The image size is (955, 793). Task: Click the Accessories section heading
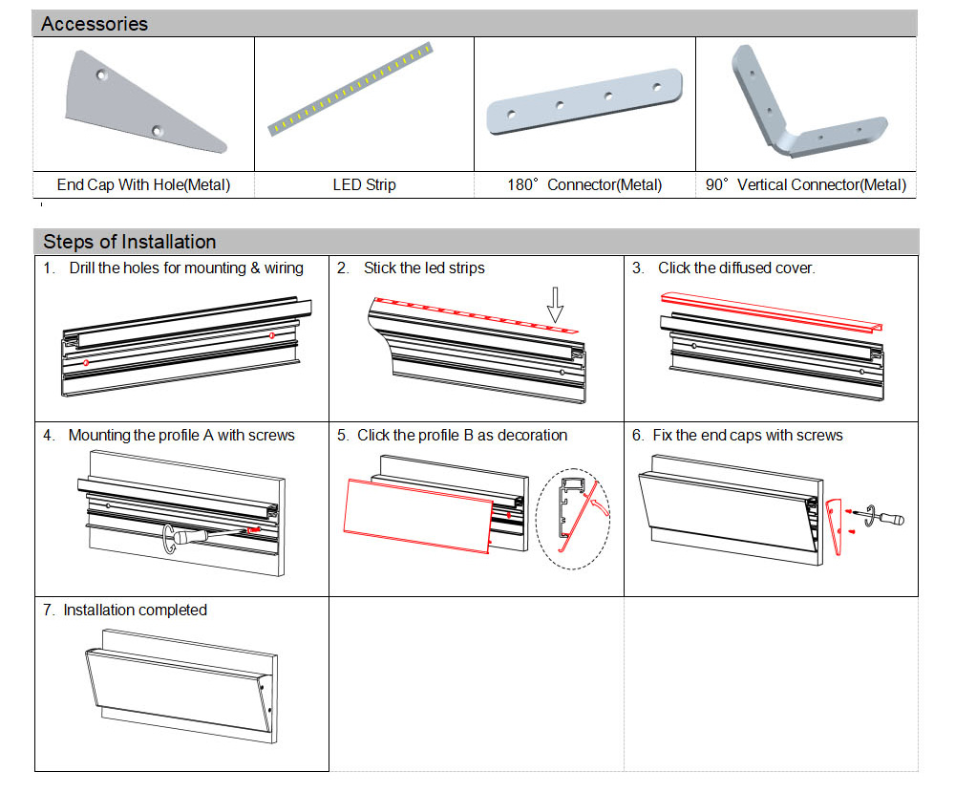[95, 24]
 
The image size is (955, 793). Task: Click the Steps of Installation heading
[129, 242]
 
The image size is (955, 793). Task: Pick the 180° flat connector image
[584, 101]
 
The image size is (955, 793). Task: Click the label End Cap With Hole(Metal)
[143, 184]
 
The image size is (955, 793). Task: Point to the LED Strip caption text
[364, 184]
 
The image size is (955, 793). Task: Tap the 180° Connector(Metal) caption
[584, 184]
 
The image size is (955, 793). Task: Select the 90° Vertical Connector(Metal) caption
[805, 184]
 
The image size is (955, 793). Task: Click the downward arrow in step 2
[555, 305]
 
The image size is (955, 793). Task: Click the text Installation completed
[135, 610]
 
